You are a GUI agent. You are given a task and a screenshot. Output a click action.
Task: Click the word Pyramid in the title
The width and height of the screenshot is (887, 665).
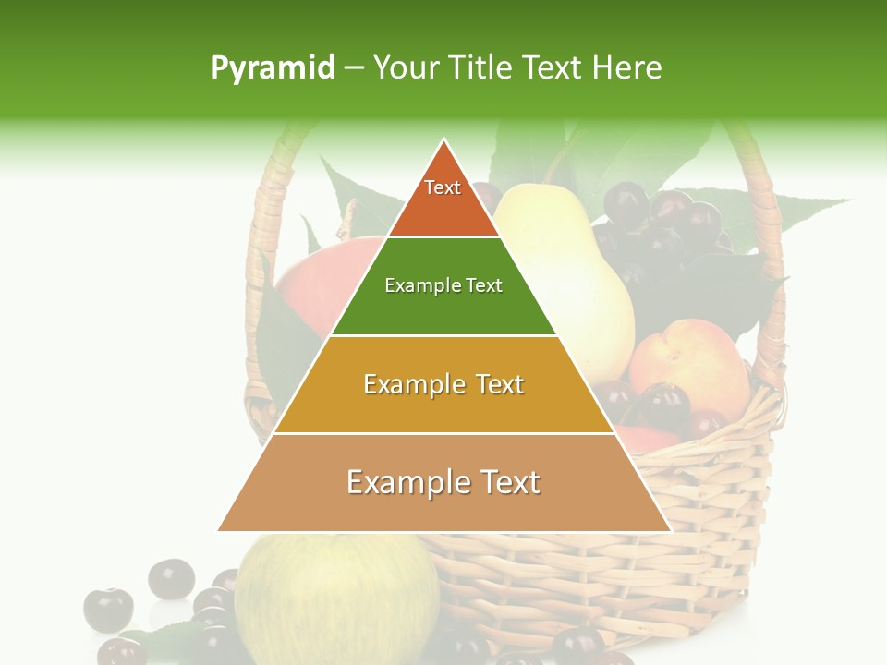coord(273,68)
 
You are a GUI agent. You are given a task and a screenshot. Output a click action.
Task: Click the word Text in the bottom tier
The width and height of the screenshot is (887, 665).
coord(508,482)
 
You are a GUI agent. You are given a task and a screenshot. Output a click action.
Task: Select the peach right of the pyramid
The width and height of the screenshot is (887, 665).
coord(688,365)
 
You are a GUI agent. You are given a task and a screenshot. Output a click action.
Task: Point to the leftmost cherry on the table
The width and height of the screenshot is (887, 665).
coord(108,610)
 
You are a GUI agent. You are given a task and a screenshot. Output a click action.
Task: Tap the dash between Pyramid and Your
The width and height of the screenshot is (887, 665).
coord(354,68)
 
